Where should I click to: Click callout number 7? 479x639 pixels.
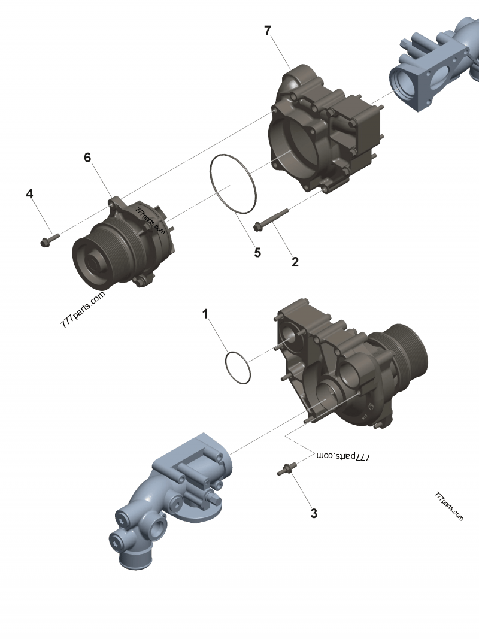(x=268, y=31)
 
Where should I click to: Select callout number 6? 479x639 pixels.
(x=87, y=158)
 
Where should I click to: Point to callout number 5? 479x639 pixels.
(x=257, y=252)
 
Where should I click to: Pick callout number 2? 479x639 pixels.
(x=295, y=262)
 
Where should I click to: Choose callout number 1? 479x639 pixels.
(x=205, y=314)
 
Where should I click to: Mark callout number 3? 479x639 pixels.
(x=314, y=513)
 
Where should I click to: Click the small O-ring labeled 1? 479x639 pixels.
(x=237, y=368)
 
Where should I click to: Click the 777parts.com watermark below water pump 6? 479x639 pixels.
(x=83, y=309)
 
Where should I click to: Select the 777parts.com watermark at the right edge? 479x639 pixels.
(x=448, y=507)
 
